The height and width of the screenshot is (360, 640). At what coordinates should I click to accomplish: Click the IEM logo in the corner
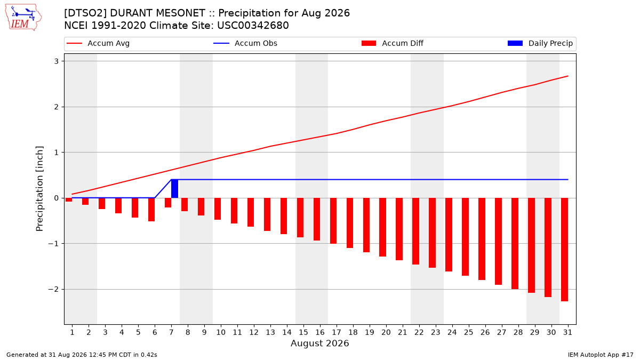point(23,18)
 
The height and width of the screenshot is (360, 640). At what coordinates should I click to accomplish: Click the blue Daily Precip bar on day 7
point(174,189)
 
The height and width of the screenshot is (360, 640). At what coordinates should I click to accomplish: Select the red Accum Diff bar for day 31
point(564,250)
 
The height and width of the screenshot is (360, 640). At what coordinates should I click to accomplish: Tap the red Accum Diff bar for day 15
point(300,218)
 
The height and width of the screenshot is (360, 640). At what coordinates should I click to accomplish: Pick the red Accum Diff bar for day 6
point(151,210)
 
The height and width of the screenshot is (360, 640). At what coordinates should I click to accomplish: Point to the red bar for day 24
point(449,235)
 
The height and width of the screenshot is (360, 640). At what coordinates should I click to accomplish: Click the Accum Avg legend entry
point(98,43)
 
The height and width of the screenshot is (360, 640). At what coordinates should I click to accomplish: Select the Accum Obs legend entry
point(245,43)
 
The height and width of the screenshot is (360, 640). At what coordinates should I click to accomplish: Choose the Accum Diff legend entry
point(393,43)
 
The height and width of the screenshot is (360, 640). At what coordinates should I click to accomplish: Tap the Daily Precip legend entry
point(540,43)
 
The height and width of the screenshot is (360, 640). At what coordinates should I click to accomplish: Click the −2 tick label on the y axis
point(53,290)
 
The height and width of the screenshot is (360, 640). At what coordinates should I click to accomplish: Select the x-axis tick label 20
point(386,332)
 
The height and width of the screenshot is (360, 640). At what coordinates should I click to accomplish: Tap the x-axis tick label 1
point(72,332)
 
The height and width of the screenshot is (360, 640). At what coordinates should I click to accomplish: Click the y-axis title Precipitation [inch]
point(39,189)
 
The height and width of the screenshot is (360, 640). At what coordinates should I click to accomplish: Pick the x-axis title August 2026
point(319,343)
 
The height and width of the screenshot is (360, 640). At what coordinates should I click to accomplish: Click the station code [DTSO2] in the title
point(85,13)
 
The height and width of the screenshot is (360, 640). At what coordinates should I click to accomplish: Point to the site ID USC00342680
point(253,26)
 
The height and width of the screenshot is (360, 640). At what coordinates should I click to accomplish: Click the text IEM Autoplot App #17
point(601,355)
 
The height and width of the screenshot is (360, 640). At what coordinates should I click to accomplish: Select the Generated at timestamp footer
point(82,355)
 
